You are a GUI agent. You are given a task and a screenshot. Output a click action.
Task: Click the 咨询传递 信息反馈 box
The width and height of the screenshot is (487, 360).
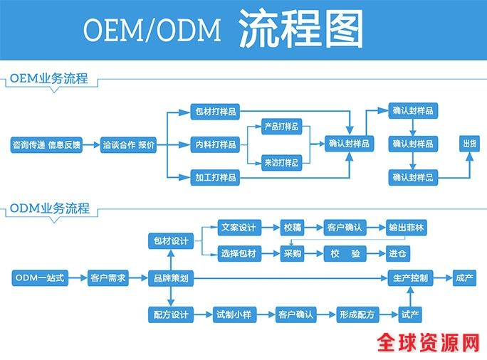click(46, 145)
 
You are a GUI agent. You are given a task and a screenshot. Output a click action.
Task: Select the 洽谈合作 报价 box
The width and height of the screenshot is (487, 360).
click(128, 145)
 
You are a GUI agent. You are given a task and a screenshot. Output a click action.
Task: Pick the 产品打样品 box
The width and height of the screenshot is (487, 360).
click(281, 127)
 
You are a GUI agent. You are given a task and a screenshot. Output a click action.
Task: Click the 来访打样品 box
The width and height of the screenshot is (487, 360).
click(281, 163)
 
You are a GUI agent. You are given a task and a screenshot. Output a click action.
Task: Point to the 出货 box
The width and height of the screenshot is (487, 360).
click(470, 144)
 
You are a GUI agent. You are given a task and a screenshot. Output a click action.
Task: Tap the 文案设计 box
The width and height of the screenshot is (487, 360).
click(238, 228)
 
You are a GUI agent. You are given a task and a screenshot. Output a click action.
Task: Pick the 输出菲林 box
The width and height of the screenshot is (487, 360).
click(407, 228)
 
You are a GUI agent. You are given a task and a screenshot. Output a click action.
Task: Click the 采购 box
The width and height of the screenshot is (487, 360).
click(292, 253)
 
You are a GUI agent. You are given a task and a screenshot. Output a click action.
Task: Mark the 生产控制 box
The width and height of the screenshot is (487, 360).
click(410, 278)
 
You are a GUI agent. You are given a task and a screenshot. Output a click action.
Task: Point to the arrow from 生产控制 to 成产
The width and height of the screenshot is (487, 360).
click(443, 278)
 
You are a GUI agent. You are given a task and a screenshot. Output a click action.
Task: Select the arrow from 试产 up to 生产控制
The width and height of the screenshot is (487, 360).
click(410, 295)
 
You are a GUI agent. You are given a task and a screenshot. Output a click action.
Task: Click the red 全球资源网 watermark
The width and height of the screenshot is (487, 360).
click(428, 344)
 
